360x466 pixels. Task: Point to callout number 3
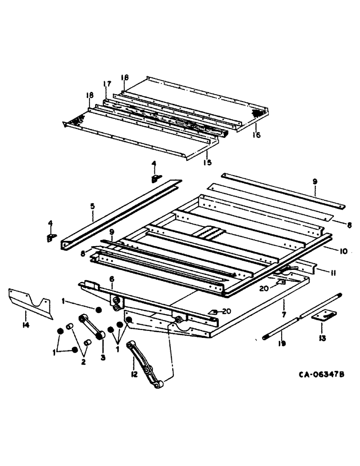tap(103, 357)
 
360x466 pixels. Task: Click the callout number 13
tap(321, 336)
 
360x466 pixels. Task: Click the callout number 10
tap(343, 251)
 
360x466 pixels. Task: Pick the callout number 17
tap(107, 84)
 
